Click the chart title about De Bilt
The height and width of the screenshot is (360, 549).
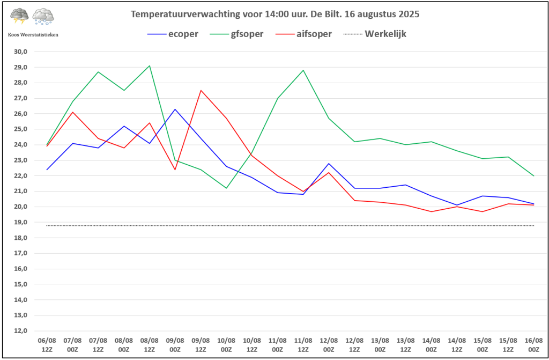pyautogui.click(x=275, y=14)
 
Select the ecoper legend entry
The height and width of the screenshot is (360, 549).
pyautogui.click(x=173, y=34)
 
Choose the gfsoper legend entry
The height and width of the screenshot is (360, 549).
pyautogui.click(x=236, y=34)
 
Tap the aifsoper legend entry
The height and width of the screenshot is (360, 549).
pyautogui.click(x=303, y=34)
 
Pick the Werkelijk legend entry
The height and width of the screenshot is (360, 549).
pyautogui.click(x=375, y=34)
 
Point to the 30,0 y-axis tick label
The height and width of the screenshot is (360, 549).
pyautogui.click(x=20, y=52)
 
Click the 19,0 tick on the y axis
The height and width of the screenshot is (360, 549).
pyautogui.click(x=20, y=222)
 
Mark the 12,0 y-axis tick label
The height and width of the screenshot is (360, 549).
pyautogui.click(x=20, y=330)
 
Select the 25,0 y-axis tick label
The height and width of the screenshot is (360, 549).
pyautogui.click(x=20, y=129)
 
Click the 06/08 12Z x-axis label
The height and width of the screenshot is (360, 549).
pyautogui.click(x=47, y=345)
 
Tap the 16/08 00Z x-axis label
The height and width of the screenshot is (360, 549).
pyautogui.click(x=533, y=345)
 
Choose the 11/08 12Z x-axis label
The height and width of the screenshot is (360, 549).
pyautogui.click(x=303, y=345)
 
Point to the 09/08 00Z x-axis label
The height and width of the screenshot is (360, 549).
pyautogui.click(x=175, y=345)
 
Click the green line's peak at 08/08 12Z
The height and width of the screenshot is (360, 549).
pyautogui.click(x=150, y=65)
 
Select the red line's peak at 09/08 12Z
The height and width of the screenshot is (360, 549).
pyautogui.click(x=201, y=91)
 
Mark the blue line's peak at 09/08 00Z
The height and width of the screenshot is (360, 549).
pyautogui.click(x=175, y=109)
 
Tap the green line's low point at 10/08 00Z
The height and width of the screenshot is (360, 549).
pyautogui.click(x=226, y=188)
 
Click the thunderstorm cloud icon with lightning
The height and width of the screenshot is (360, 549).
pyautogui.click(x=20, y=16)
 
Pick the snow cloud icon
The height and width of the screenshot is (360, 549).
pyautogui.click(x=43, y=17)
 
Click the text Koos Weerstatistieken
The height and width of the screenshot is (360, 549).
pyautogui.click(x=33, y=35)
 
